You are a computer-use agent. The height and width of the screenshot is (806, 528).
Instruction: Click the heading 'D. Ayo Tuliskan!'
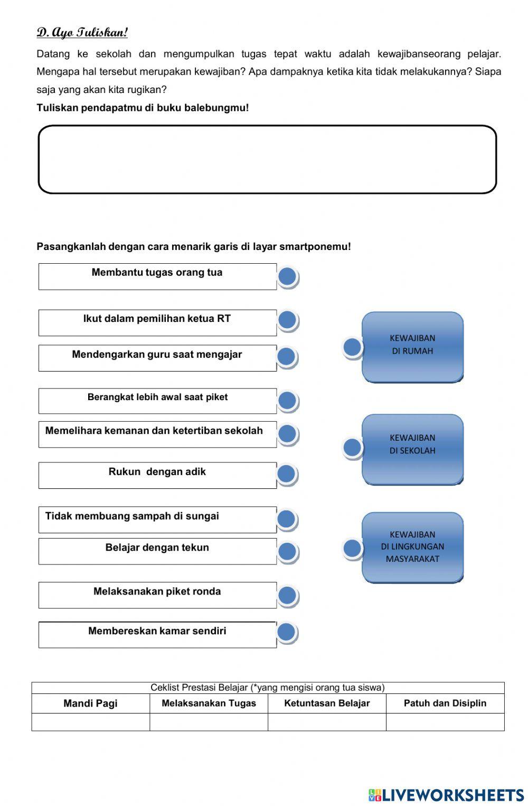click(82, 33)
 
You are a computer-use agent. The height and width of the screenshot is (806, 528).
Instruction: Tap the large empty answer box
click(267, 160)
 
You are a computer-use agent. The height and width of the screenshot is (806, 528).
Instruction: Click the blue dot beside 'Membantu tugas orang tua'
click(287, 276)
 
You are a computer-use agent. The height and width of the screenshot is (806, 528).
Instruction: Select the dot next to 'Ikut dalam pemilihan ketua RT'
click(287, 320)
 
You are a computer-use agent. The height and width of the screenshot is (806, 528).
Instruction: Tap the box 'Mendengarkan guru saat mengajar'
click(157, 358)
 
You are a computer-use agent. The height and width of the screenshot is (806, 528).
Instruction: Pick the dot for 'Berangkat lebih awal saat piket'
click(287, 401)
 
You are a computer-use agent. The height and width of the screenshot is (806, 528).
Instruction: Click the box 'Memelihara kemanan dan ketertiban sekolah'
click(157, 434)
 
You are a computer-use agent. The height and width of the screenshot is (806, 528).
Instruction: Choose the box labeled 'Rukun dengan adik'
click(157, 475)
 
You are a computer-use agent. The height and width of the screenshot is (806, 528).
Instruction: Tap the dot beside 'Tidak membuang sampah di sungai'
click(286, 519)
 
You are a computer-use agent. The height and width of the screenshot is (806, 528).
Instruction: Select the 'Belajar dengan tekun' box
click(157, 551)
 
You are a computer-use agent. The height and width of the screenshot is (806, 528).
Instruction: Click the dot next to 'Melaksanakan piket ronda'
click(287, 595)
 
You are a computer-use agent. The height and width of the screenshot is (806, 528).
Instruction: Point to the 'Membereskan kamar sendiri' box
click(157, 634)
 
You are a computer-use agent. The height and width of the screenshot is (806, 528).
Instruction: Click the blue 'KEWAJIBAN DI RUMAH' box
click(412, 347)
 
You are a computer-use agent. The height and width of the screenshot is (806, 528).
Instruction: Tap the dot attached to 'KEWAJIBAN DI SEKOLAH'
click(352, 448)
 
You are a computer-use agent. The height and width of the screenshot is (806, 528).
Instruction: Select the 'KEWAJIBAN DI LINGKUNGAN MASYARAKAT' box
click(412, 547)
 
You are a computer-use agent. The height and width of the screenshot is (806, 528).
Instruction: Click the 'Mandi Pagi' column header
click(90, 703)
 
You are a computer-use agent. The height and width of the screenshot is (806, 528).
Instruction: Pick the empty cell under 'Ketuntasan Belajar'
click(327, 722)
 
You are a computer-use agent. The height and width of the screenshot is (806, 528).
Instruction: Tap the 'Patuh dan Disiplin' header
click(445, 703)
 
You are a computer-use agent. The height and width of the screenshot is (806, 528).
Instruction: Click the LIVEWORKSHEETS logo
click(446, 795)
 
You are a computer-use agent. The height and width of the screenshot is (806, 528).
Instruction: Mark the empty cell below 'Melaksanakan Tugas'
click(209, 722)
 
